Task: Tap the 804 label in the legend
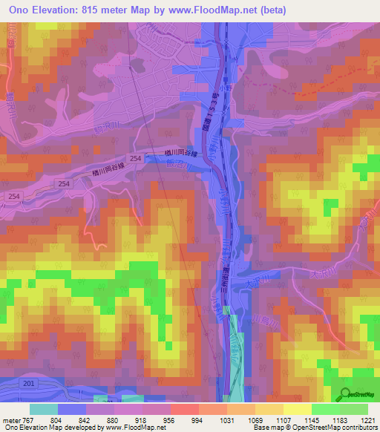[56, 419]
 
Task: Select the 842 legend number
[85, 419]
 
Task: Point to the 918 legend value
[141, 419]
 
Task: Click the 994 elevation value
[198, 419]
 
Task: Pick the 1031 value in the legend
[226, 419]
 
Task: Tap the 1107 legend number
[283, 419]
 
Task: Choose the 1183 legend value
[339, 419]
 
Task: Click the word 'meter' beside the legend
[10, 419]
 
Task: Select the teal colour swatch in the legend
[43, 409]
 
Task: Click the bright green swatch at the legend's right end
[354, 409]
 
